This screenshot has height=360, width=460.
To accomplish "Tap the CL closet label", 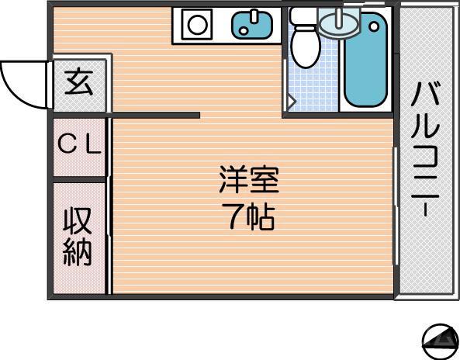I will pyautogui.click(x=80, y=146).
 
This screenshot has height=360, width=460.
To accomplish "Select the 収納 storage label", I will pyautogui.click(x=78, y=236).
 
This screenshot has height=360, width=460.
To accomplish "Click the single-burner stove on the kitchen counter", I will pyautogui.click(x=197, y=25).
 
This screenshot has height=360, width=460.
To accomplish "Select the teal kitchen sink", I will pyautogui.click(x=252, y=25).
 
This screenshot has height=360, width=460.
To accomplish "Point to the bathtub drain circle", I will pyautogui.click(x=378, y=26).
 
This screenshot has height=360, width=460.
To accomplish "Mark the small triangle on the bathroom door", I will pyautogui.click(x=291, y=100).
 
